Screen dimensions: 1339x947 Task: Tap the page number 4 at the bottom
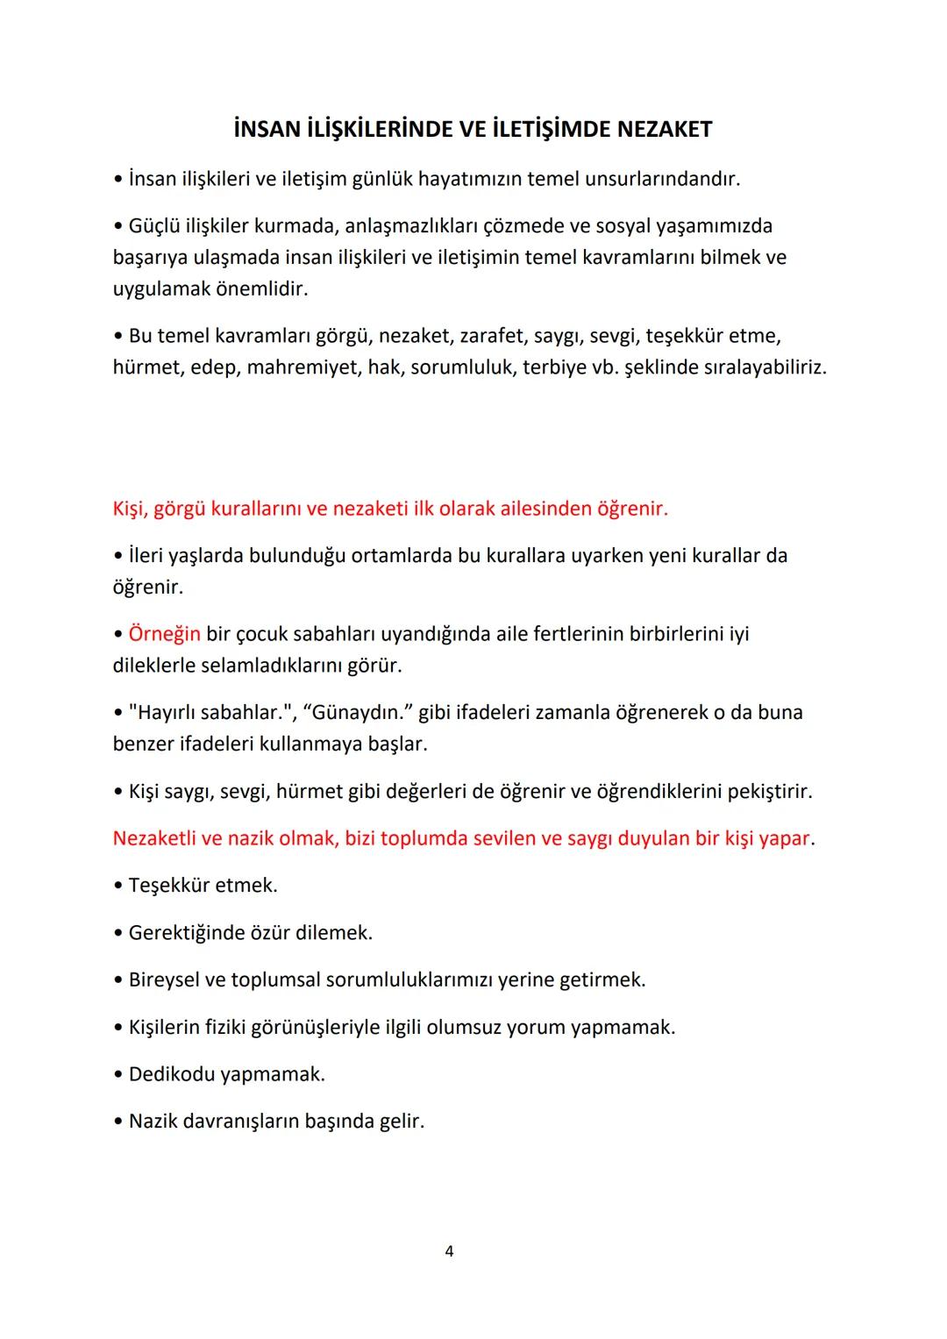point(449,1251)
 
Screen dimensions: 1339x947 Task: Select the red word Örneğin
point(164,634)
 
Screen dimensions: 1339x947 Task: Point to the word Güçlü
point(153,226)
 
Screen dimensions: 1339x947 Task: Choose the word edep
point(214,367)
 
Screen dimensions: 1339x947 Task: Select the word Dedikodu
point(171,1074)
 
